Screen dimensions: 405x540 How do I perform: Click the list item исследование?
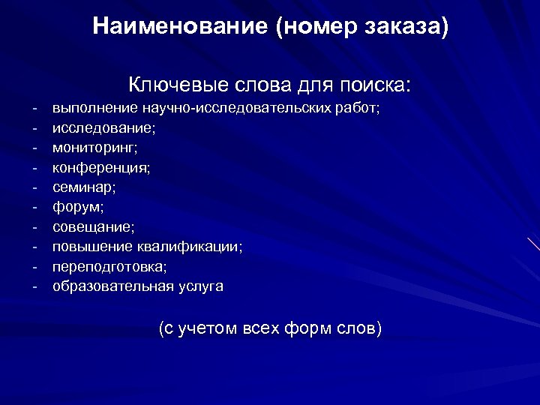coord(103,128)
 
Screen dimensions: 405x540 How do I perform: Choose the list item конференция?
coord(100,168)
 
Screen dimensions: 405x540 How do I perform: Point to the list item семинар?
coord(83,187)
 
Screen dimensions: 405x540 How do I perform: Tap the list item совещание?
coord(93,226)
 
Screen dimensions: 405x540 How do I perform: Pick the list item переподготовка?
coord(109,266)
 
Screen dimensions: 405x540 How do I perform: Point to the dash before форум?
coord(34,207)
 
